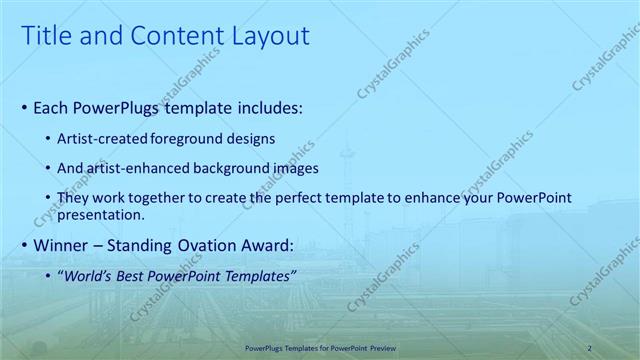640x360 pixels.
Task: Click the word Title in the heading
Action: click(44, 37)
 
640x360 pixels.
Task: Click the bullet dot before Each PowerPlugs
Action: click(24, 106)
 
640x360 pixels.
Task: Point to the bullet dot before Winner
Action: click(24, 244)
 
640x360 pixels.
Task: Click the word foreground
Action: click(194, 139)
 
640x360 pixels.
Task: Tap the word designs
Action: click(252, 139)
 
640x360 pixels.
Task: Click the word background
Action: click(230, 168)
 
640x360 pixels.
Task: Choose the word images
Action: click(294, 168)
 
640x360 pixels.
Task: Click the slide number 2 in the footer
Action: click(589, 347)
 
